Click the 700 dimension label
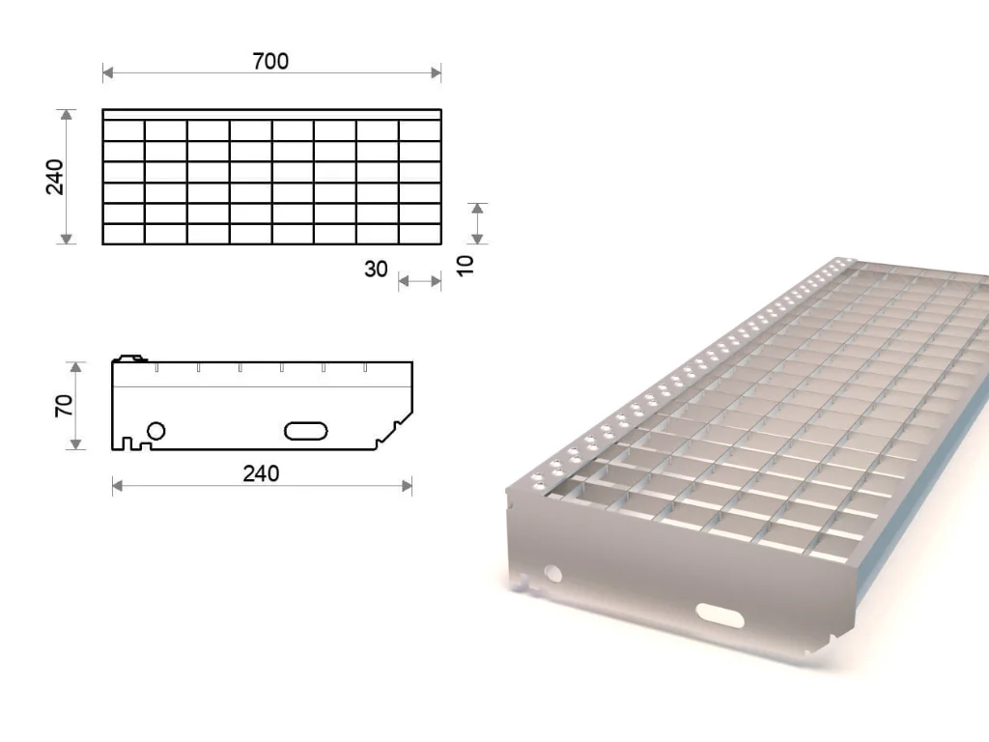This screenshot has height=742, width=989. [270, 61]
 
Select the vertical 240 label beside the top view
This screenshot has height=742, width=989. [55, 178]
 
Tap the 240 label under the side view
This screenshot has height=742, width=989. [261, 473]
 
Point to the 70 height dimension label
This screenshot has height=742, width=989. [64, 405]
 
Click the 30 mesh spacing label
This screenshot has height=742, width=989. [376, 270]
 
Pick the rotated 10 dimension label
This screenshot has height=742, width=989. [465, 265]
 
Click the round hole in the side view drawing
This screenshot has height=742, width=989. [155, 431]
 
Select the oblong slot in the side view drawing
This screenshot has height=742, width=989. [306, 431]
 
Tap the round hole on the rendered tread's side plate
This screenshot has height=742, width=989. [553, 573]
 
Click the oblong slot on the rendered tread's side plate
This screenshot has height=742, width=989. [720, 615]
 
